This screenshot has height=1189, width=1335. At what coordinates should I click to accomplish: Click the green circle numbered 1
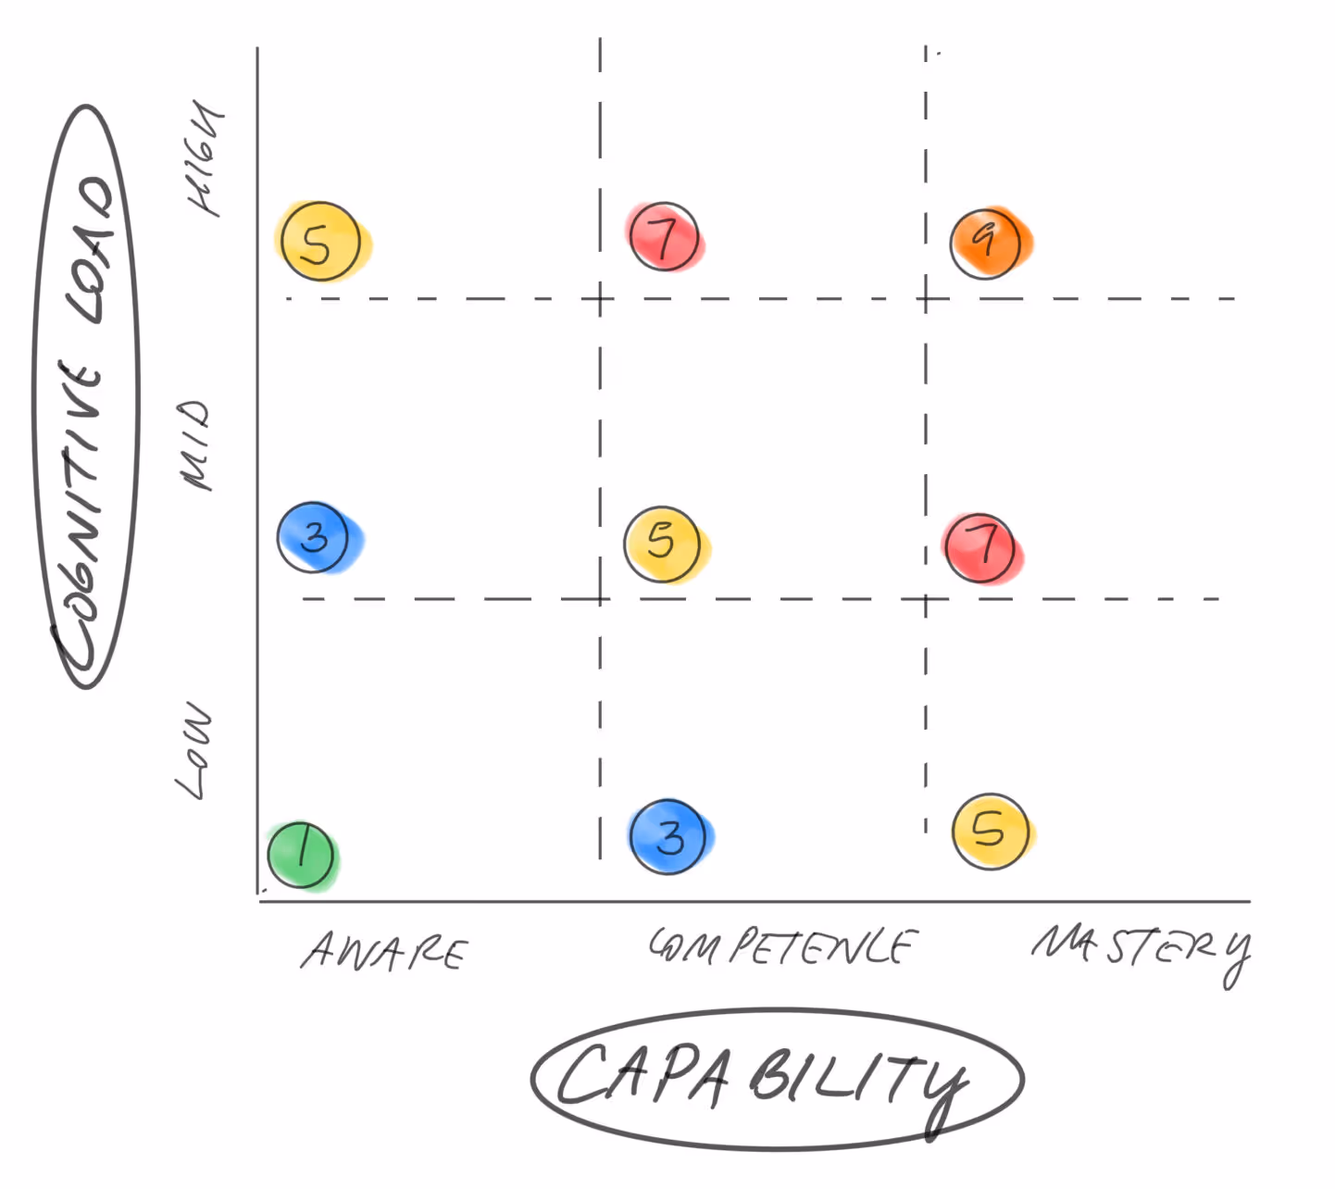[301, 854]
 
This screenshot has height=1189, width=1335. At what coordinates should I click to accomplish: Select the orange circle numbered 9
[987, 242]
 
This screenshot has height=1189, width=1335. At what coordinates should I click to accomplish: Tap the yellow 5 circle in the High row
[319, 242]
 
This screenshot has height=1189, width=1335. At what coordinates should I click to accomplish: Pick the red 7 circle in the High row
[664, 236]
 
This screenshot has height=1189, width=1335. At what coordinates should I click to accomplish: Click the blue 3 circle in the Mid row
[315, 537]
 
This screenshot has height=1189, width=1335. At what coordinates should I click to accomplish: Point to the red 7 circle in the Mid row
[980, 547]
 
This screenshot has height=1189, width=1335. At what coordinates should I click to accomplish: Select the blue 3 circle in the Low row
[668, 837]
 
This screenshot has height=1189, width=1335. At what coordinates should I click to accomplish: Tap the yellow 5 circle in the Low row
[991, 831]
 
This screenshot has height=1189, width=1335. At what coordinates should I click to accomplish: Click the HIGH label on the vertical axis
[205, 157]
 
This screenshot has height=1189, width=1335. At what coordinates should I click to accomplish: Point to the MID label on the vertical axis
[195, 444]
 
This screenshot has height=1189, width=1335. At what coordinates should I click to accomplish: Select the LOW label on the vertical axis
[194, 750]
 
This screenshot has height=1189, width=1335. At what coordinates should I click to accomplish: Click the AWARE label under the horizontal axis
[385, 952]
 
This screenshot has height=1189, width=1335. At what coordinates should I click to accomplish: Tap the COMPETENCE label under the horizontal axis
[782, 946]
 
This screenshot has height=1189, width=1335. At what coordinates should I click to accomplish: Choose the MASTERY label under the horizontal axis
[1142, 949]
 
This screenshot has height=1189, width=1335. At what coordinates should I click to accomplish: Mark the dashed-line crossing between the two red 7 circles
[926, 299]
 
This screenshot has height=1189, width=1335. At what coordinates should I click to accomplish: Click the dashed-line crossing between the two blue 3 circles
[600, 599]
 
